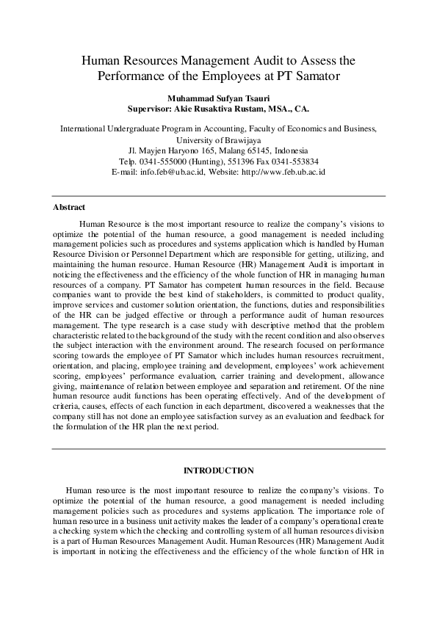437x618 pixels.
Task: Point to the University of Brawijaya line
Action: click(218, 139)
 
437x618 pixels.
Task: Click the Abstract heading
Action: click(69, 208)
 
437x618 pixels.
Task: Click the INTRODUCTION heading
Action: click(218, 470)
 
